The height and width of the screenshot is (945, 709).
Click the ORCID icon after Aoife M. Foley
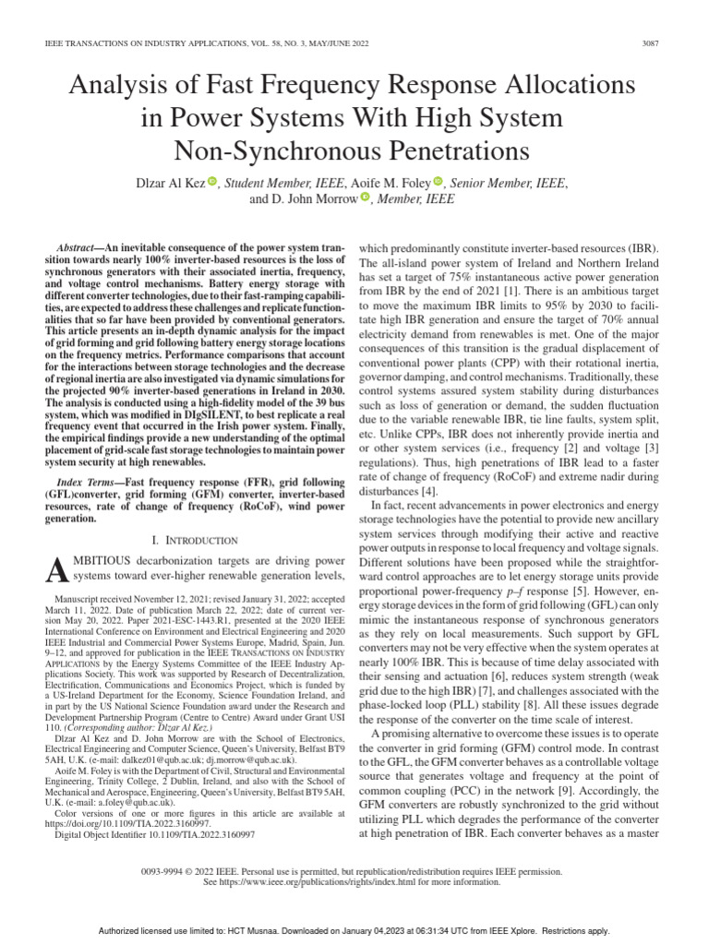(438, 183)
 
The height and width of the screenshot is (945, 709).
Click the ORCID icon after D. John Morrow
(365, 198)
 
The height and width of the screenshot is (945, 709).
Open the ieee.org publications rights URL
(326, 881)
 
